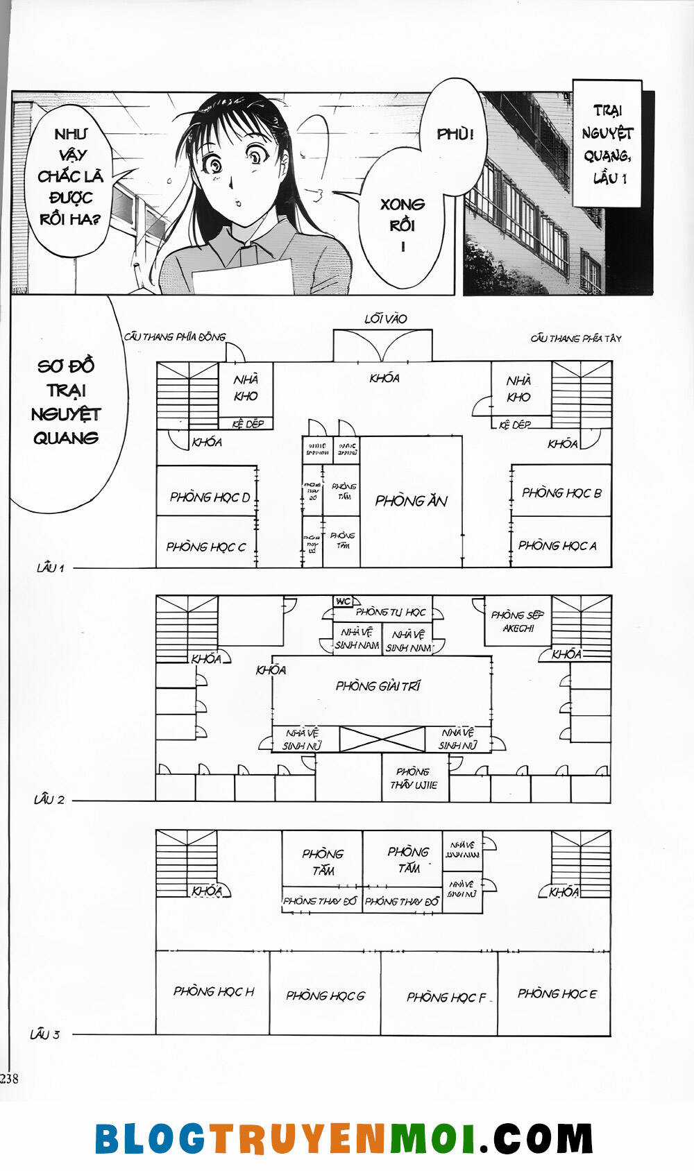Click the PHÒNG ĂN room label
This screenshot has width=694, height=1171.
point(411,501)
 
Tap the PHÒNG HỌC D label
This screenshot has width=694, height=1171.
point(210,497)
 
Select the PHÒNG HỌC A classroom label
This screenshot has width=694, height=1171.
point(557,545)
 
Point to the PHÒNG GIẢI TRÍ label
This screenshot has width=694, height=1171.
point(378,686)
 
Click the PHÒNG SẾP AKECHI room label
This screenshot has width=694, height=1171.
point(517,622)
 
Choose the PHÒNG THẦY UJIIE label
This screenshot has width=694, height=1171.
point(414,778)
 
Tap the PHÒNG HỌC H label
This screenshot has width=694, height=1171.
point(214,991)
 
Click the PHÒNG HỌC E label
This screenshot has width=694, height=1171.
point(557,993)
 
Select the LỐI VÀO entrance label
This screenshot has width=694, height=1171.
point(386,319)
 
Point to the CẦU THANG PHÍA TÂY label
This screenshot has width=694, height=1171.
point(576,339)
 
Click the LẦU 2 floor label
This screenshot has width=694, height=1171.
point(49,800)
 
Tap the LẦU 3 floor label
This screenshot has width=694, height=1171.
point(45,1034)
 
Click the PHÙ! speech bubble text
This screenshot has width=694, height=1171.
point(455,135)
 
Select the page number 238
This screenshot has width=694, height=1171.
point(10,1079)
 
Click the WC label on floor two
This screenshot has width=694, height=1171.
point(343,601)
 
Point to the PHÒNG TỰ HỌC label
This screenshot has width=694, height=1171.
point(391,612)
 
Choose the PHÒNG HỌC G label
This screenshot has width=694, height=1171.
point(325,995)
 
